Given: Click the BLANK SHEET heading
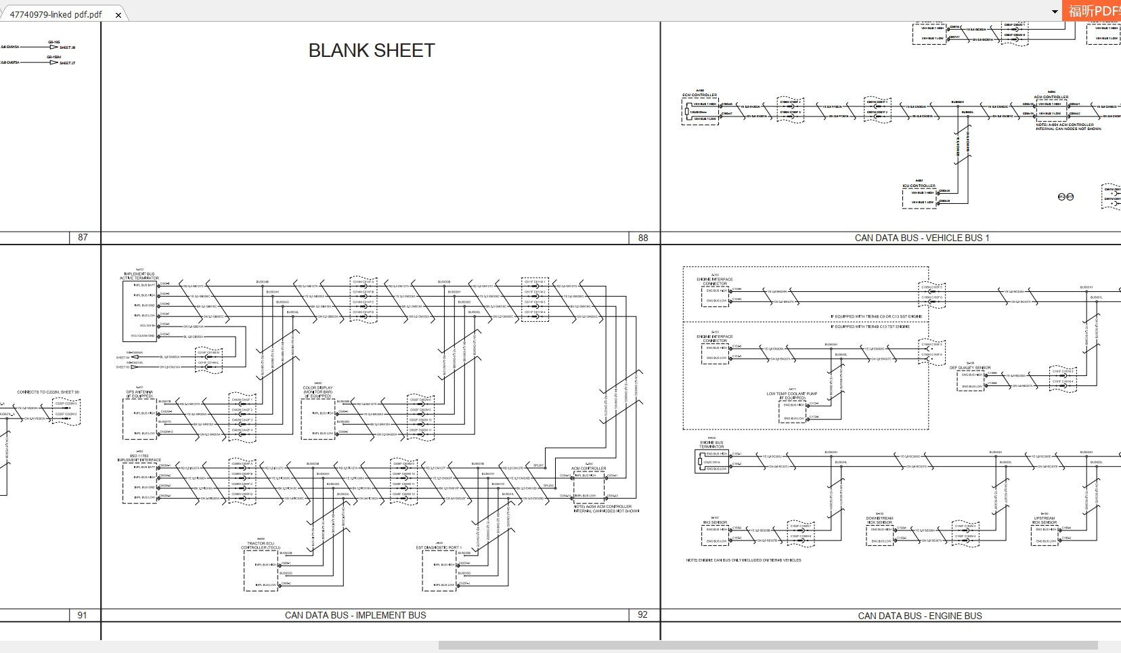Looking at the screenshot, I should [x=371, y=51].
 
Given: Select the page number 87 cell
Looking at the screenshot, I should [x=83, y=237].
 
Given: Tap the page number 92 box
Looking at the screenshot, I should [x=642, y=614].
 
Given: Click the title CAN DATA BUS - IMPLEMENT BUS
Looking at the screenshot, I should [x=355, y=615].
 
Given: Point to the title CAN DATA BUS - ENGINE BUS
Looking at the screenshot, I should [x=919, y=616].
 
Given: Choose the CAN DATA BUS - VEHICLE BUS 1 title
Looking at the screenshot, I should [x=921, y=238].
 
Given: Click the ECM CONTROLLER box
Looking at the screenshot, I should [x=700, y=112].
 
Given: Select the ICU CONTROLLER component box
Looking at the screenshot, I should [x=919, y=198].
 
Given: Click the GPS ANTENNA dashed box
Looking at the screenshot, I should [x=139, y=419].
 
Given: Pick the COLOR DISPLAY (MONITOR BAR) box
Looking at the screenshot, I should [x=317, y=419].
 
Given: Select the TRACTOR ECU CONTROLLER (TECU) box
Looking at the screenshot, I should [x=261, y=570].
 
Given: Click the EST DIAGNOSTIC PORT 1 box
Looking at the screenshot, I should [x=440, y=570].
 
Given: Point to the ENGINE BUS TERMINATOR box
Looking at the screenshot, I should [x=713, y=461].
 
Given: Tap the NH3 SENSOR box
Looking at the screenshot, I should [x=715, y=535].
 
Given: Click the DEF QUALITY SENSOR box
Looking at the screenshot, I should [x=970, y=381].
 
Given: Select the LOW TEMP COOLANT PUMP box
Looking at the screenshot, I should [x=792, y=412].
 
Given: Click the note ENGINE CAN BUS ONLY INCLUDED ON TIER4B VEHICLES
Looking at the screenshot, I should [x=743, y=560].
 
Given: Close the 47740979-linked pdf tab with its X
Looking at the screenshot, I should [x=118, y=14].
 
